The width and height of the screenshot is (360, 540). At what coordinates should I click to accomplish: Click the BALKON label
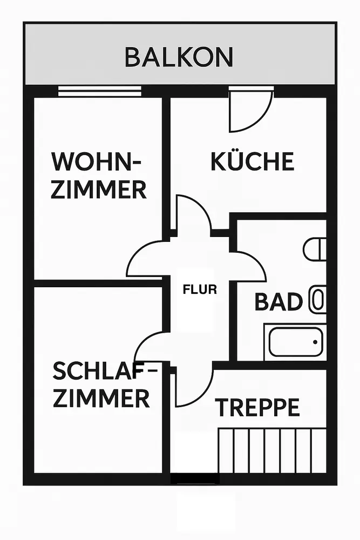[x=179, y=57]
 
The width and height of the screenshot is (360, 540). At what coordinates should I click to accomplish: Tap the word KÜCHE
[x=253, y=161]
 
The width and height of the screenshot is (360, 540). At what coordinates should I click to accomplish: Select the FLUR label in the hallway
[x=200, y=289]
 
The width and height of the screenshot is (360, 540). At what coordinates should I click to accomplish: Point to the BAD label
[x=278, y=302]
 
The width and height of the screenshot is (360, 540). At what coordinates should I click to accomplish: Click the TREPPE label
[x=257, y=408]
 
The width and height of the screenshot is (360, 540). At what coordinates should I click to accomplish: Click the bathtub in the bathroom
[x=295, y=342]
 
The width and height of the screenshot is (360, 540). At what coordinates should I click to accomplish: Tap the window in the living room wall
[x=99, y=91]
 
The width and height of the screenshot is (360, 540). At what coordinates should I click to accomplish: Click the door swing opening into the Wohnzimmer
[x=146, y=259]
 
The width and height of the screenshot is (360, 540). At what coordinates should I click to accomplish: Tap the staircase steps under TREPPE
[x=272, y=449]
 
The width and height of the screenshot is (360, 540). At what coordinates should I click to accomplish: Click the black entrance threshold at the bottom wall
[x=195, y=478]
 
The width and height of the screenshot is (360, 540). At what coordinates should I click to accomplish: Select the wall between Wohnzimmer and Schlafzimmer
[x=97, y=283]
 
